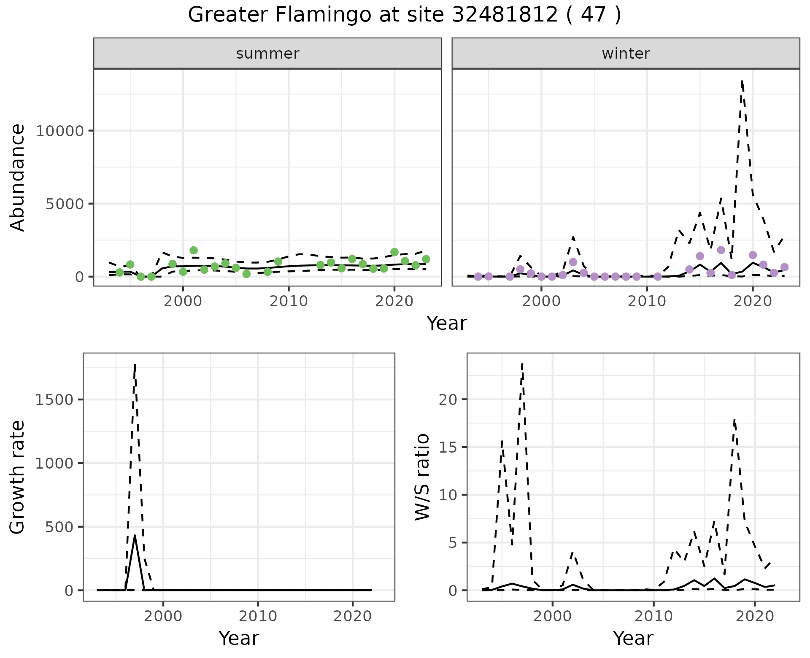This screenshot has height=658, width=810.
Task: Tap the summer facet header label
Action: click(x=267, y=54)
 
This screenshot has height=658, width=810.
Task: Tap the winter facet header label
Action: click(x=626, y=54)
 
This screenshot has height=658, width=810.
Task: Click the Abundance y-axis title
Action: click(x=18, y=178)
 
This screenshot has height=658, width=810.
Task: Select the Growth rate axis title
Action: click(x=18, y=477)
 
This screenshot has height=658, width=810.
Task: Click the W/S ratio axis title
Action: click(x=422, y=477)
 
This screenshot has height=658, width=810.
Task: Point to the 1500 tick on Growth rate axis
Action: click(x=54, y=399)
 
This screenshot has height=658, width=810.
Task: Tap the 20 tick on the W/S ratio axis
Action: click(x=448, y=399)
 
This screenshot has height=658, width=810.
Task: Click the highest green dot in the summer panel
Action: click(x=194, y=251)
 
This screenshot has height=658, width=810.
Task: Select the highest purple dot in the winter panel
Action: click(x=721, y=250)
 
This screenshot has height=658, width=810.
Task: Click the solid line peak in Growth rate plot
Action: click(x=135, y=536)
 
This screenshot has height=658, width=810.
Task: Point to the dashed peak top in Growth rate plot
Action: click(x=135, y=364)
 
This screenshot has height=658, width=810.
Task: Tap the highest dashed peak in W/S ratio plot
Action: click(x=522, y=364)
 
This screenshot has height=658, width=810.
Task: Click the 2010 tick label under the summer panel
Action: click(x=289, y=302)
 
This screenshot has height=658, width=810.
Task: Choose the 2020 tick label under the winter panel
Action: click(x=753, y=302)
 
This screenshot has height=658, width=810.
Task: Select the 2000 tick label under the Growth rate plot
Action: click(x=163, y=617)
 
